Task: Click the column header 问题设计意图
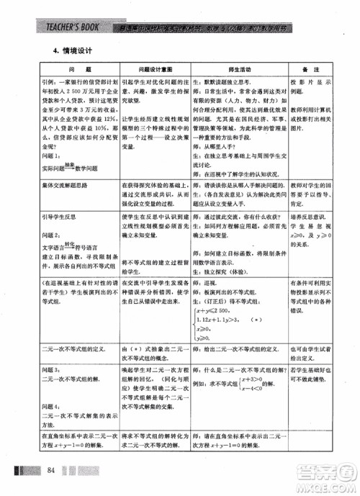tap(153, 71)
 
